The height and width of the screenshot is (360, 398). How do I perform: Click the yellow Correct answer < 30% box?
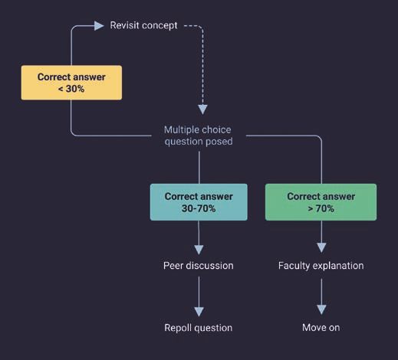[x=71, y=83]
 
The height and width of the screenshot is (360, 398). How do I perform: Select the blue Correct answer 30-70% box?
[x=199, y=202]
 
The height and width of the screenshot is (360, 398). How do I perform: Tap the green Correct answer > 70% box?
[x=321, y=202]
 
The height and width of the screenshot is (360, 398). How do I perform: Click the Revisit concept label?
[x=143, y=25]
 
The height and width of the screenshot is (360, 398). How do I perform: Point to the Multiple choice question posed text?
[x=199, y=136]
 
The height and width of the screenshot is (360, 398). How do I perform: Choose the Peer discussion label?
[x=199, y=266]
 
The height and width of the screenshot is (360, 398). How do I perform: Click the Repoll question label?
[x=199, y=328]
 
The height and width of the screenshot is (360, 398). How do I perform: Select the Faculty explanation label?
[x=321, y=266]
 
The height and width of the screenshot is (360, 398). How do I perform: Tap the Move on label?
[x=321, y=328]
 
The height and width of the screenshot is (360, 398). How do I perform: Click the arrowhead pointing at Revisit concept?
[x=99, y=25]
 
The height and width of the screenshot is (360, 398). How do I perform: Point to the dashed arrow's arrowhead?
[x=202, y=110]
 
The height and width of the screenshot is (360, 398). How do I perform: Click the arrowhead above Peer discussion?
[x=199, y=250]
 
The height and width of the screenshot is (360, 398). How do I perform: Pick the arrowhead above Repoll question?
[x=199, y=312]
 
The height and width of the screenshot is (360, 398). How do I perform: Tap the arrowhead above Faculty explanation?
[x=321, y=247]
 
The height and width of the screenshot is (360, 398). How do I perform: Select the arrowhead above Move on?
[x=321, y=309]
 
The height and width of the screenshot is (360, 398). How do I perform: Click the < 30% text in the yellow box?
[x=71, y=89]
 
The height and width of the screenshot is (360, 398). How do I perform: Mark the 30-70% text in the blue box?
[x=199, y=208]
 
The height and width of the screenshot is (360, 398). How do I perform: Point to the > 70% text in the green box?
[x=321, y=208]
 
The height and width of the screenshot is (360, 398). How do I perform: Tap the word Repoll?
[x=178, y=328]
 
